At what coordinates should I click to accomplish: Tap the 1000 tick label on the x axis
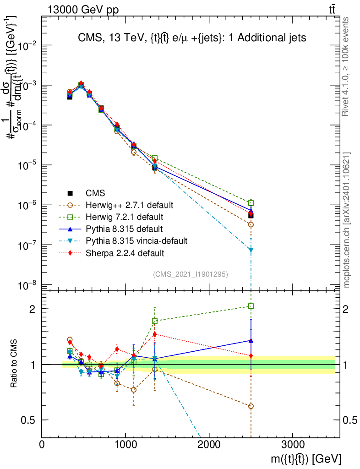coord(125,444)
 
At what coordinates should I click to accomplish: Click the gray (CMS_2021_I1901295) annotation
coord(191,274)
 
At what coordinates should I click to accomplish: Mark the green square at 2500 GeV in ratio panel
coord(251,306)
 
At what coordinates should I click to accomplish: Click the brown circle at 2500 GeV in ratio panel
coord(251,406)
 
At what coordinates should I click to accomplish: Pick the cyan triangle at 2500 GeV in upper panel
coord(251,250)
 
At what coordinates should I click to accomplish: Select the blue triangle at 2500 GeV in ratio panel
coord(251,340)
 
